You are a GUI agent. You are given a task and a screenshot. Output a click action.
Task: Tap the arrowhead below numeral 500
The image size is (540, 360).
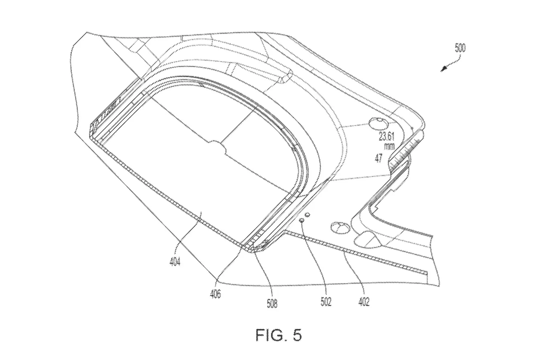[443, 69]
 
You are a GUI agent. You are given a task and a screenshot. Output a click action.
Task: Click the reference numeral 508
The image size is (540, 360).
[272, 302]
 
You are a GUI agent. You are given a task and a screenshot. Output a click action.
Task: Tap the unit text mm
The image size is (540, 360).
[389, 147]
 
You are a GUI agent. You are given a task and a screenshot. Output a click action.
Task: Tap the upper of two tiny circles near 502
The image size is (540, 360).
[308, 215]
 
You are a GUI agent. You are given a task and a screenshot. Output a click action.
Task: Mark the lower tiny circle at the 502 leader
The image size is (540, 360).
[301, 220]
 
